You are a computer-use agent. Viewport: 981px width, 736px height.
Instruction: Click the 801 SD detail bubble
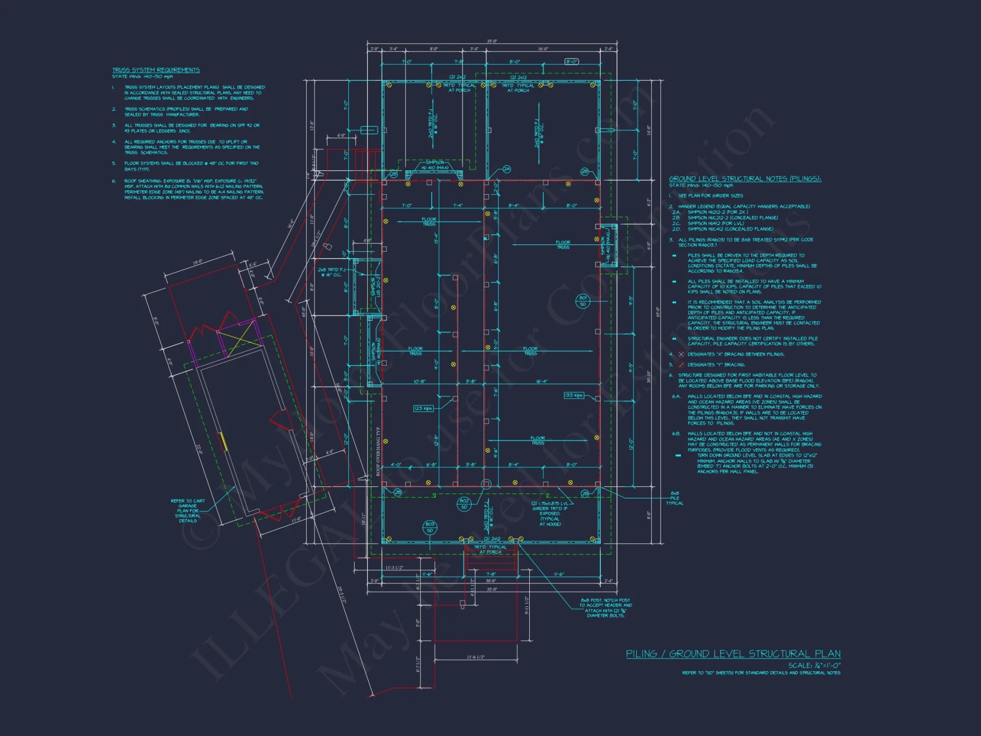[x=583, y=301]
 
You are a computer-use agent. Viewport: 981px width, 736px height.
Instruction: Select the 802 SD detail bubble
[x=464, y=504]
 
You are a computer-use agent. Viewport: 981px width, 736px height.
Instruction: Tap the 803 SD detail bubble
[x=430, y=527]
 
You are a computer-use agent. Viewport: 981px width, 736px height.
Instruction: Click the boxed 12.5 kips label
[x=423, y=408]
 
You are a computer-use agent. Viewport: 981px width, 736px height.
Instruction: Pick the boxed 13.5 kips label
[x=573, y=395]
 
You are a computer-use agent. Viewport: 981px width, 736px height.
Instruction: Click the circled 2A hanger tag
[x=507, y=169]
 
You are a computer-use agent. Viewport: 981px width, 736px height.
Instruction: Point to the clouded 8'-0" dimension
[x=572, y=62]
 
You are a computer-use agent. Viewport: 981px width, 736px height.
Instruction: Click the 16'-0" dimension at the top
[x=542, y=49]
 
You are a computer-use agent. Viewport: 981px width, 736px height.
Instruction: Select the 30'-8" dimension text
[x=491, y=581]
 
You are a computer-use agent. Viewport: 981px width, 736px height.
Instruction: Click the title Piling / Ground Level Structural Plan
[x=733, y=654]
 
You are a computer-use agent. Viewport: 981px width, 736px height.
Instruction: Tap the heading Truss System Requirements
[x=155, y=70]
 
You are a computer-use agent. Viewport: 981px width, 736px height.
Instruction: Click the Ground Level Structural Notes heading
[x=745, y=179]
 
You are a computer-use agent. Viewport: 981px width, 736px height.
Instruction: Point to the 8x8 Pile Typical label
[x=674, y=498]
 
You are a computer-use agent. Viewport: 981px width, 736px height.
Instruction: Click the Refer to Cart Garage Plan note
[x=187, y=511]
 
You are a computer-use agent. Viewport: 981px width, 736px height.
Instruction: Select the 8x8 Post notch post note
[x=605, y=608]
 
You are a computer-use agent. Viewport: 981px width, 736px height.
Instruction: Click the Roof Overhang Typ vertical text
[x=378, y=451]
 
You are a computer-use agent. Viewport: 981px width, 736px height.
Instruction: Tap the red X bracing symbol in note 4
[x=681, y=354]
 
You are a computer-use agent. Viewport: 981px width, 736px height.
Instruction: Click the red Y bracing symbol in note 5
[x=681, y=365]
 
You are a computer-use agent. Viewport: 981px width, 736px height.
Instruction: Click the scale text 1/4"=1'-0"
[x=814, y=666]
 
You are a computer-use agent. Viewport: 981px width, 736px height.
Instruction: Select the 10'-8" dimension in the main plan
[x=419, y=381]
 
